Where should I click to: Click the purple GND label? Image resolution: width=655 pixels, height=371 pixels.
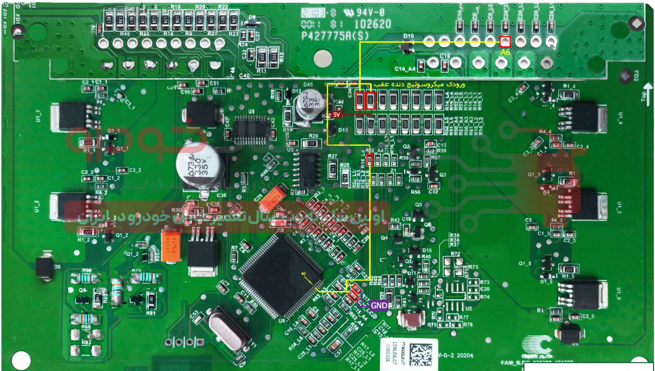pos(379,305)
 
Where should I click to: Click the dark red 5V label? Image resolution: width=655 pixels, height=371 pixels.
pos(337,115)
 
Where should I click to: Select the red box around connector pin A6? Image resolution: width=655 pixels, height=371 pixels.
pos(505,41)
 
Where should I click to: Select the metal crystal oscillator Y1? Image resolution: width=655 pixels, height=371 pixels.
pos(229,331)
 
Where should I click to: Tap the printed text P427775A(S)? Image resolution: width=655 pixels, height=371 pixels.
pos(336,36)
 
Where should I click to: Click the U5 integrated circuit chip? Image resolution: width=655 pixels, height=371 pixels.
pos(251,128)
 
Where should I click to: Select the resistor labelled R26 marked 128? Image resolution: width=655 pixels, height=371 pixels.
pos(312,143)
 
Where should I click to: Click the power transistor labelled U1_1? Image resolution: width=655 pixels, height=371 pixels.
pos(68,116)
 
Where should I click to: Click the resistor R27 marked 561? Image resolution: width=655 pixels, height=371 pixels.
pos(333,167)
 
